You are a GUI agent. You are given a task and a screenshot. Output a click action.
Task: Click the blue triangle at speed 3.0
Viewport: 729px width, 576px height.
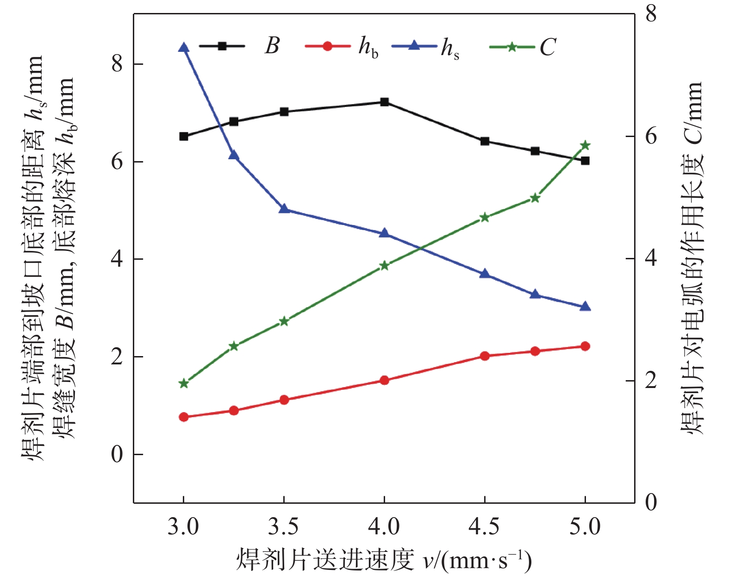click(x=184, y=48)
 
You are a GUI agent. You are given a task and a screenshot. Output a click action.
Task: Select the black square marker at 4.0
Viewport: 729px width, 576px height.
click(x=384, y=102)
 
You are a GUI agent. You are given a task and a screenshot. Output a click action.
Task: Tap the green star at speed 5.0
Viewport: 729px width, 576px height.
click(x=585, y=145)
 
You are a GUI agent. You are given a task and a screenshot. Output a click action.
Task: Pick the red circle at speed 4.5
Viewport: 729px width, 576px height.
click(x=485, y=356)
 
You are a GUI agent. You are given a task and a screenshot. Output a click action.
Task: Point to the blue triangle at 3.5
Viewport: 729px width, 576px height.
click(x=284, y=209)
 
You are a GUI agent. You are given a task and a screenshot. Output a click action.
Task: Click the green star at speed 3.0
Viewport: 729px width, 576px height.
click(x=184, y=383)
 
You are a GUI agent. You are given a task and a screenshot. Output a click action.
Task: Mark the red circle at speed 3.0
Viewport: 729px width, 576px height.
click(x=184, y=417)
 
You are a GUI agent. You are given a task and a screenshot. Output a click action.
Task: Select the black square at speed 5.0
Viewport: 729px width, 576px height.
click(x=585, y=161)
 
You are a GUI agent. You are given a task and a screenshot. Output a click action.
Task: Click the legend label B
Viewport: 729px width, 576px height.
click(x=272, y=46)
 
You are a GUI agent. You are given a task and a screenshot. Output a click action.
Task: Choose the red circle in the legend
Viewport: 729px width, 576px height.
click(x=327, y=46)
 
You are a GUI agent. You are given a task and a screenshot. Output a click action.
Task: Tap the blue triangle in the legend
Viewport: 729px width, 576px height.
click(x=414, y=45)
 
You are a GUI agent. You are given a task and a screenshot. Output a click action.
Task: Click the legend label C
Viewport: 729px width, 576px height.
click(x=548, y=47)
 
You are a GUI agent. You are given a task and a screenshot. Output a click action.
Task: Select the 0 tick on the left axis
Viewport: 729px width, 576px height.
click(x=117, y=454)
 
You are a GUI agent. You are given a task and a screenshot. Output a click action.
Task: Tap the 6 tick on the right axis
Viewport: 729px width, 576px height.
click(x=651, y=136)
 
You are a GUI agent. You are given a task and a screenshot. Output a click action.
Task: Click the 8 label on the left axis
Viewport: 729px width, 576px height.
click(x=117, y=63)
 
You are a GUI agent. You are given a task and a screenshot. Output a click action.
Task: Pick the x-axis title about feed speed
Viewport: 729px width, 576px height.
click(x=384, y=559)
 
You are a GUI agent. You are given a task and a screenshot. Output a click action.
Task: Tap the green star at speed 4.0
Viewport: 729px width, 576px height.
click(x=384, y=265)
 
